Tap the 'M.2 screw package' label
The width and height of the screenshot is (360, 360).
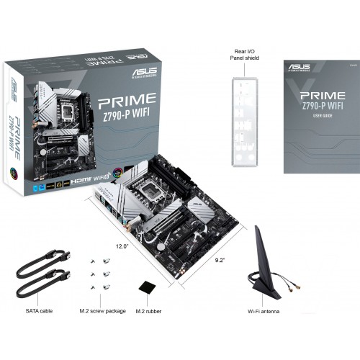[102, 311]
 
